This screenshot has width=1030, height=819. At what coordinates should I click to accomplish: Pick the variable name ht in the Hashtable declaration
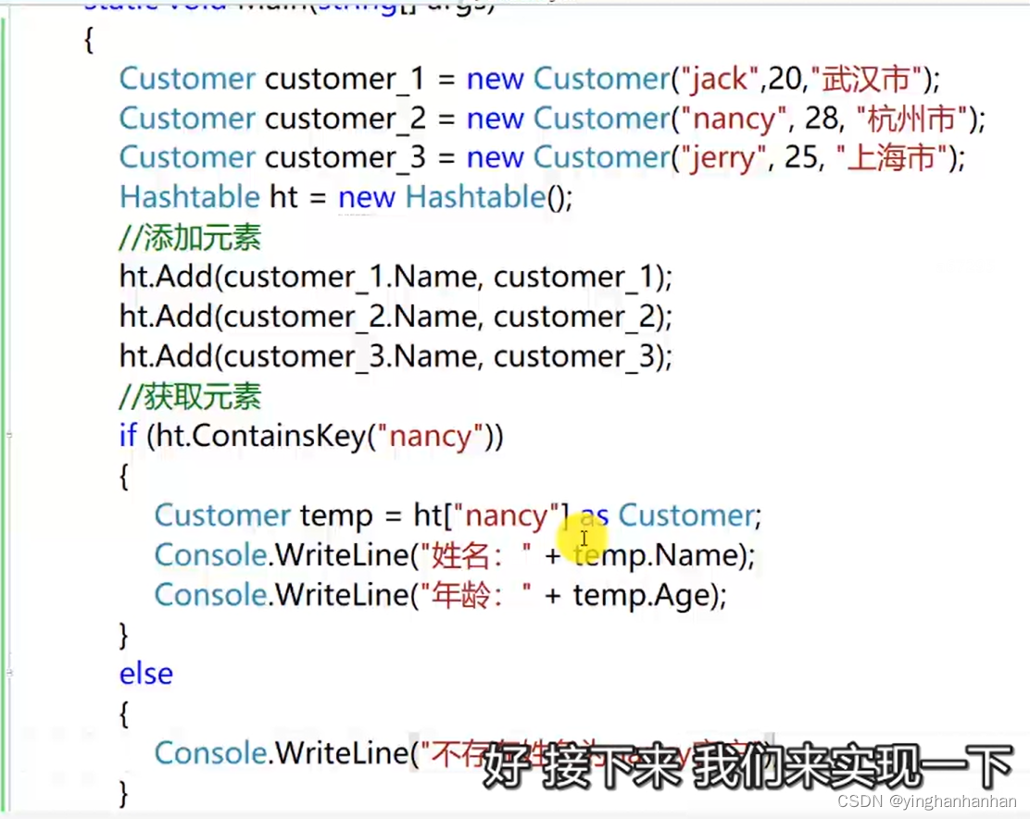click(x=283, y=197)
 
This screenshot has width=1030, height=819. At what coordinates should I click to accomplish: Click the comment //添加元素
click(x=190, y=238)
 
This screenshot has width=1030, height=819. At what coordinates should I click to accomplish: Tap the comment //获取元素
click(x=190, y=396)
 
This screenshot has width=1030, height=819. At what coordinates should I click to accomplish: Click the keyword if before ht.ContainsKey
click(x=128, y=436)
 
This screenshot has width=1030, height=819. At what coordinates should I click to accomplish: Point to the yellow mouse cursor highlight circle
click(x=584, y=537)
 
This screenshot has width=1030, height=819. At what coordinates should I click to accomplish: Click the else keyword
click(x=145, y=674)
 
